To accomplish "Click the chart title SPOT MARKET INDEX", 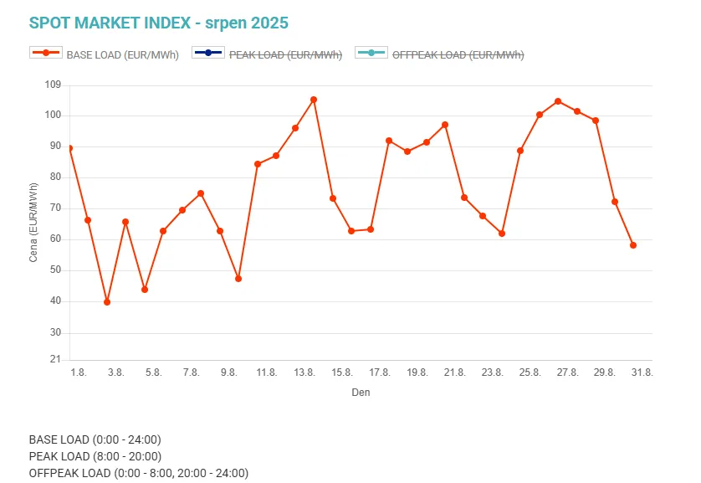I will [158, 23].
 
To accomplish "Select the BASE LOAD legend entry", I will [105, 55].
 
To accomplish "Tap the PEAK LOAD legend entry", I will [267, 55].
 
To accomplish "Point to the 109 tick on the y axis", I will [53, 85].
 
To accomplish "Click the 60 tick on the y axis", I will [55, 239].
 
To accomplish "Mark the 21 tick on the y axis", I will [56, 360].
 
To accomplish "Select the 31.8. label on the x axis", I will [642, 373].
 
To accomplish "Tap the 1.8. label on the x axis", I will [78, 373].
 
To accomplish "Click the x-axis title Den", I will [361, 392].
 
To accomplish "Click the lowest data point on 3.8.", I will [107, 301].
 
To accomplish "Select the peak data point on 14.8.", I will [314, 100].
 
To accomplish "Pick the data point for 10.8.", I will [238, 279].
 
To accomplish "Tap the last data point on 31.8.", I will [633, 245].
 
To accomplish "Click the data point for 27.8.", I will [558, 101].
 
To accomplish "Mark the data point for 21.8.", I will [445, 125].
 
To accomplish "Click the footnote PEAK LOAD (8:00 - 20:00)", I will [95, 456].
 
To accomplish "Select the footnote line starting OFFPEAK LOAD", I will [138, 473].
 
